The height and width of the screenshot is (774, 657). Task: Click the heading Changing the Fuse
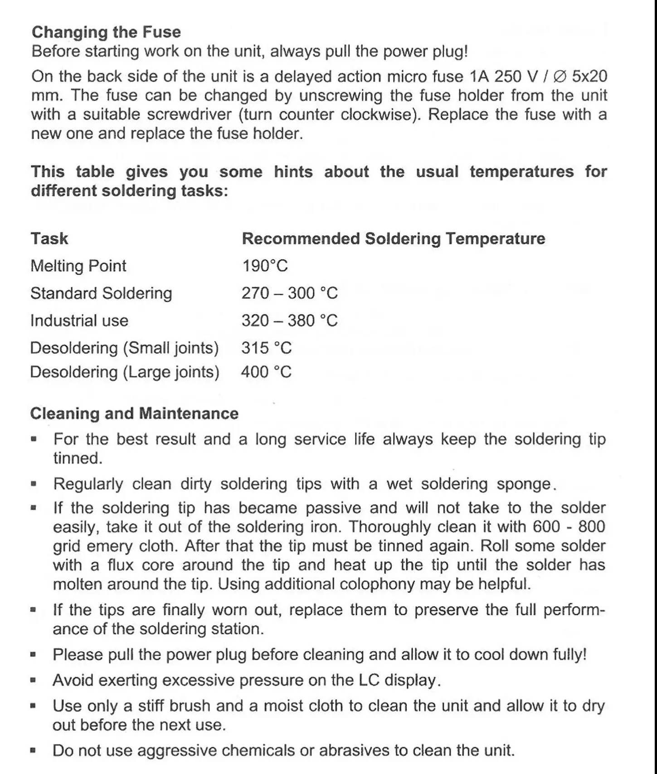(x=106, y=32)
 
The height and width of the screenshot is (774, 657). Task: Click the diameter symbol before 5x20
(x=560, y=76)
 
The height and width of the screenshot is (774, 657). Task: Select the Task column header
(x=49, y=239)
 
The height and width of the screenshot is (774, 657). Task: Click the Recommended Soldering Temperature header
(x=393, y=239)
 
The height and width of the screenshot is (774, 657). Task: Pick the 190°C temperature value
(x=264, y=266)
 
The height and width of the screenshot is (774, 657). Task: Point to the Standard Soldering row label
(x=101, y=293)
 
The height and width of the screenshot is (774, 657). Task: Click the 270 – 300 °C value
(x=289, y=293)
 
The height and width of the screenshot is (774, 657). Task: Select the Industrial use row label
(x=79, y=321)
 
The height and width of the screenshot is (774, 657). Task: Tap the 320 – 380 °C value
(x=289, y=321)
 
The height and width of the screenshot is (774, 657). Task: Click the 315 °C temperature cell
(x=266, y=348)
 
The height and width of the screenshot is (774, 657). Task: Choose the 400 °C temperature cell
(x=266, y=372)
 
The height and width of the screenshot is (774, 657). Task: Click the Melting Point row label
(x=78, y=266)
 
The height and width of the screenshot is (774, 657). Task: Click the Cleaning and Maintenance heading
(x=134, y=414)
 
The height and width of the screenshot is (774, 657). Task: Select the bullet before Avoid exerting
(x=33, y=681)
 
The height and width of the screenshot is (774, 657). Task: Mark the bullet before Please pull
(x=33, y=655)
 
